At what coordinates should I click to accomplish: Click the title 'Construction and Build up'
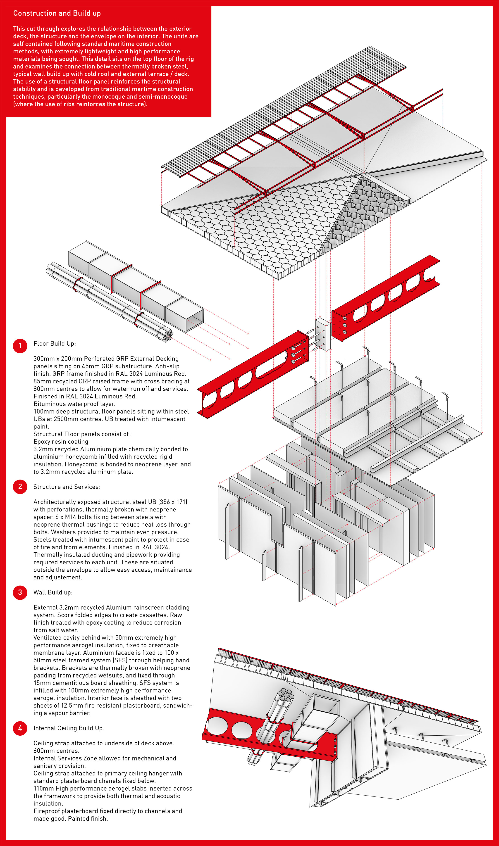[x=57, y=13]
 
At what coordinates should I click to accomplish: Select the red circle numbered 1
[x=20, y=346]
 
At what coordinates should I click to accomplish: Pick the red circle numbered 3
[x=20, y=592]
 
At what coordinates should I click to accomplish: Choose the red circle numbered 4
[x=20, y=728]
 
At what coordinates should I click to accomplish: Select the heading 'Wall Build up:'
[x=53, y=592]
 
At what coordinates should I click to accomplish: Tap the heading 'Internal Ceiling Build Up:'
[x=69, y=728]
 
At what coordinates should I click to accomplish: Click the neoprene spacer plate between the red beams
[x=323, y=334]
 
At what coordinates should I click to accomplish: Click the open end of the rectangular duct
[x=194, y=321]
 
